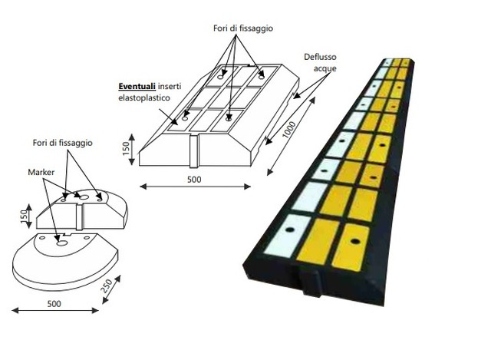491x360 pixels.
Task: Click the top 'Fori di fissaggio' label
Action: tap(243, 28)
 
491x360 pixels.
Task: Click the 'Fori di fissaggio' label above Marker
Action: tap(63, 144)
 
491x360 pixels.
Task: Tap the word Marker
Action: tap(41, 172)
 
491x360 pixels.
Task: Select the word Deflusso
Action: tap(320, 57)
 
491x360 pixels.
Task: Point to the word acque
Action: tap(325, 68)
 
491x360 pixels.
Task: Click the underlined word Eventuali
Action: tap(137, 86)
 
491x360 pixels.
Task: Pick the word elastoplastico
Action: tap(144, 97)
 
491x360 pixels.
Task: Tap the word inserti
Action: tap(170, 86)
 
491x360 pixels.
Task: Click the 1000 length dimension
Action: tap(288, 130)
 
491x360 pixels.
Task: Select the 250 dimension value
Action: tap(106, 286)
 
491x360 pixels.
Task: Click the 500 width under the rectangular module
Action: tap(194, 180)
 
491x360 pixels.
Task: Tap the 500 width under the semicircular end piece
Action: tap(54, 304)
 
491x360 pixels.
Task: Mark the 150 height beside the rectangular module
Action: tap(126, 148)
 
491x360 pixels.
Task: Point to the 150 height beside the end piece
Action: tap(24, 216)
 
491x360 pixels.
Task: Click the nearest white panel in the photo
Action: tap(287, 236)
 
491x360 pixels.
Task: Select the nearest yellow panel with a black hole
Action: tap(351, 247)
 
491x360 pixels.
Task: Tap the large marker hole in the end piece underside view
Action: tap(61, 243)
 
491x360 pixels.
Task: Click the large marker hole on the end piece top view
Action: tap(84, 197)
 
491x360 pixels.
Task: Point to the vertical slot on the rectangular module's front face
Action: tap(194, 152)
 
